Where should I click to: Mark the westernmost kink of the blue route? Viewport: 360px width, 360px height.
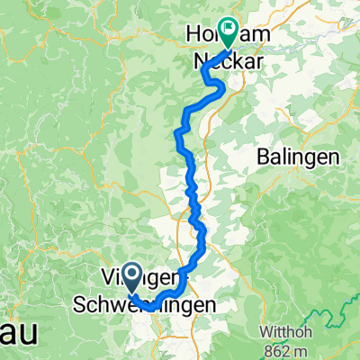pos(175,135)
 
